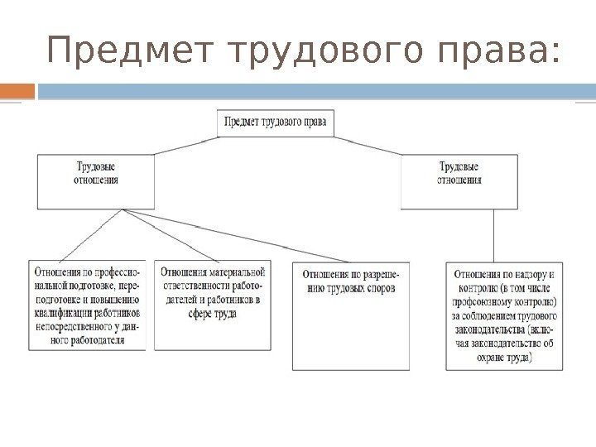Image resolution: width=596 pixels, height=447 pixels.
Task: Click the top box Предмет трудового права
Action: coord(276,124)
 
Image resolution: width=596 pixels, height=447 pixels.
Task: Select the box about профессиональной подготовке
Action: coord(87,305)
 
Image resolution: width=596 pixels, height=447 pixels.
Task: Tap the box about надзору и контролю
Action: coord(505,315)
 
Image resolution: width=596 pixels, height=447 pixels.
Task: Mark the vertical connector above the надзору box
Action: coord(494,235)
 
